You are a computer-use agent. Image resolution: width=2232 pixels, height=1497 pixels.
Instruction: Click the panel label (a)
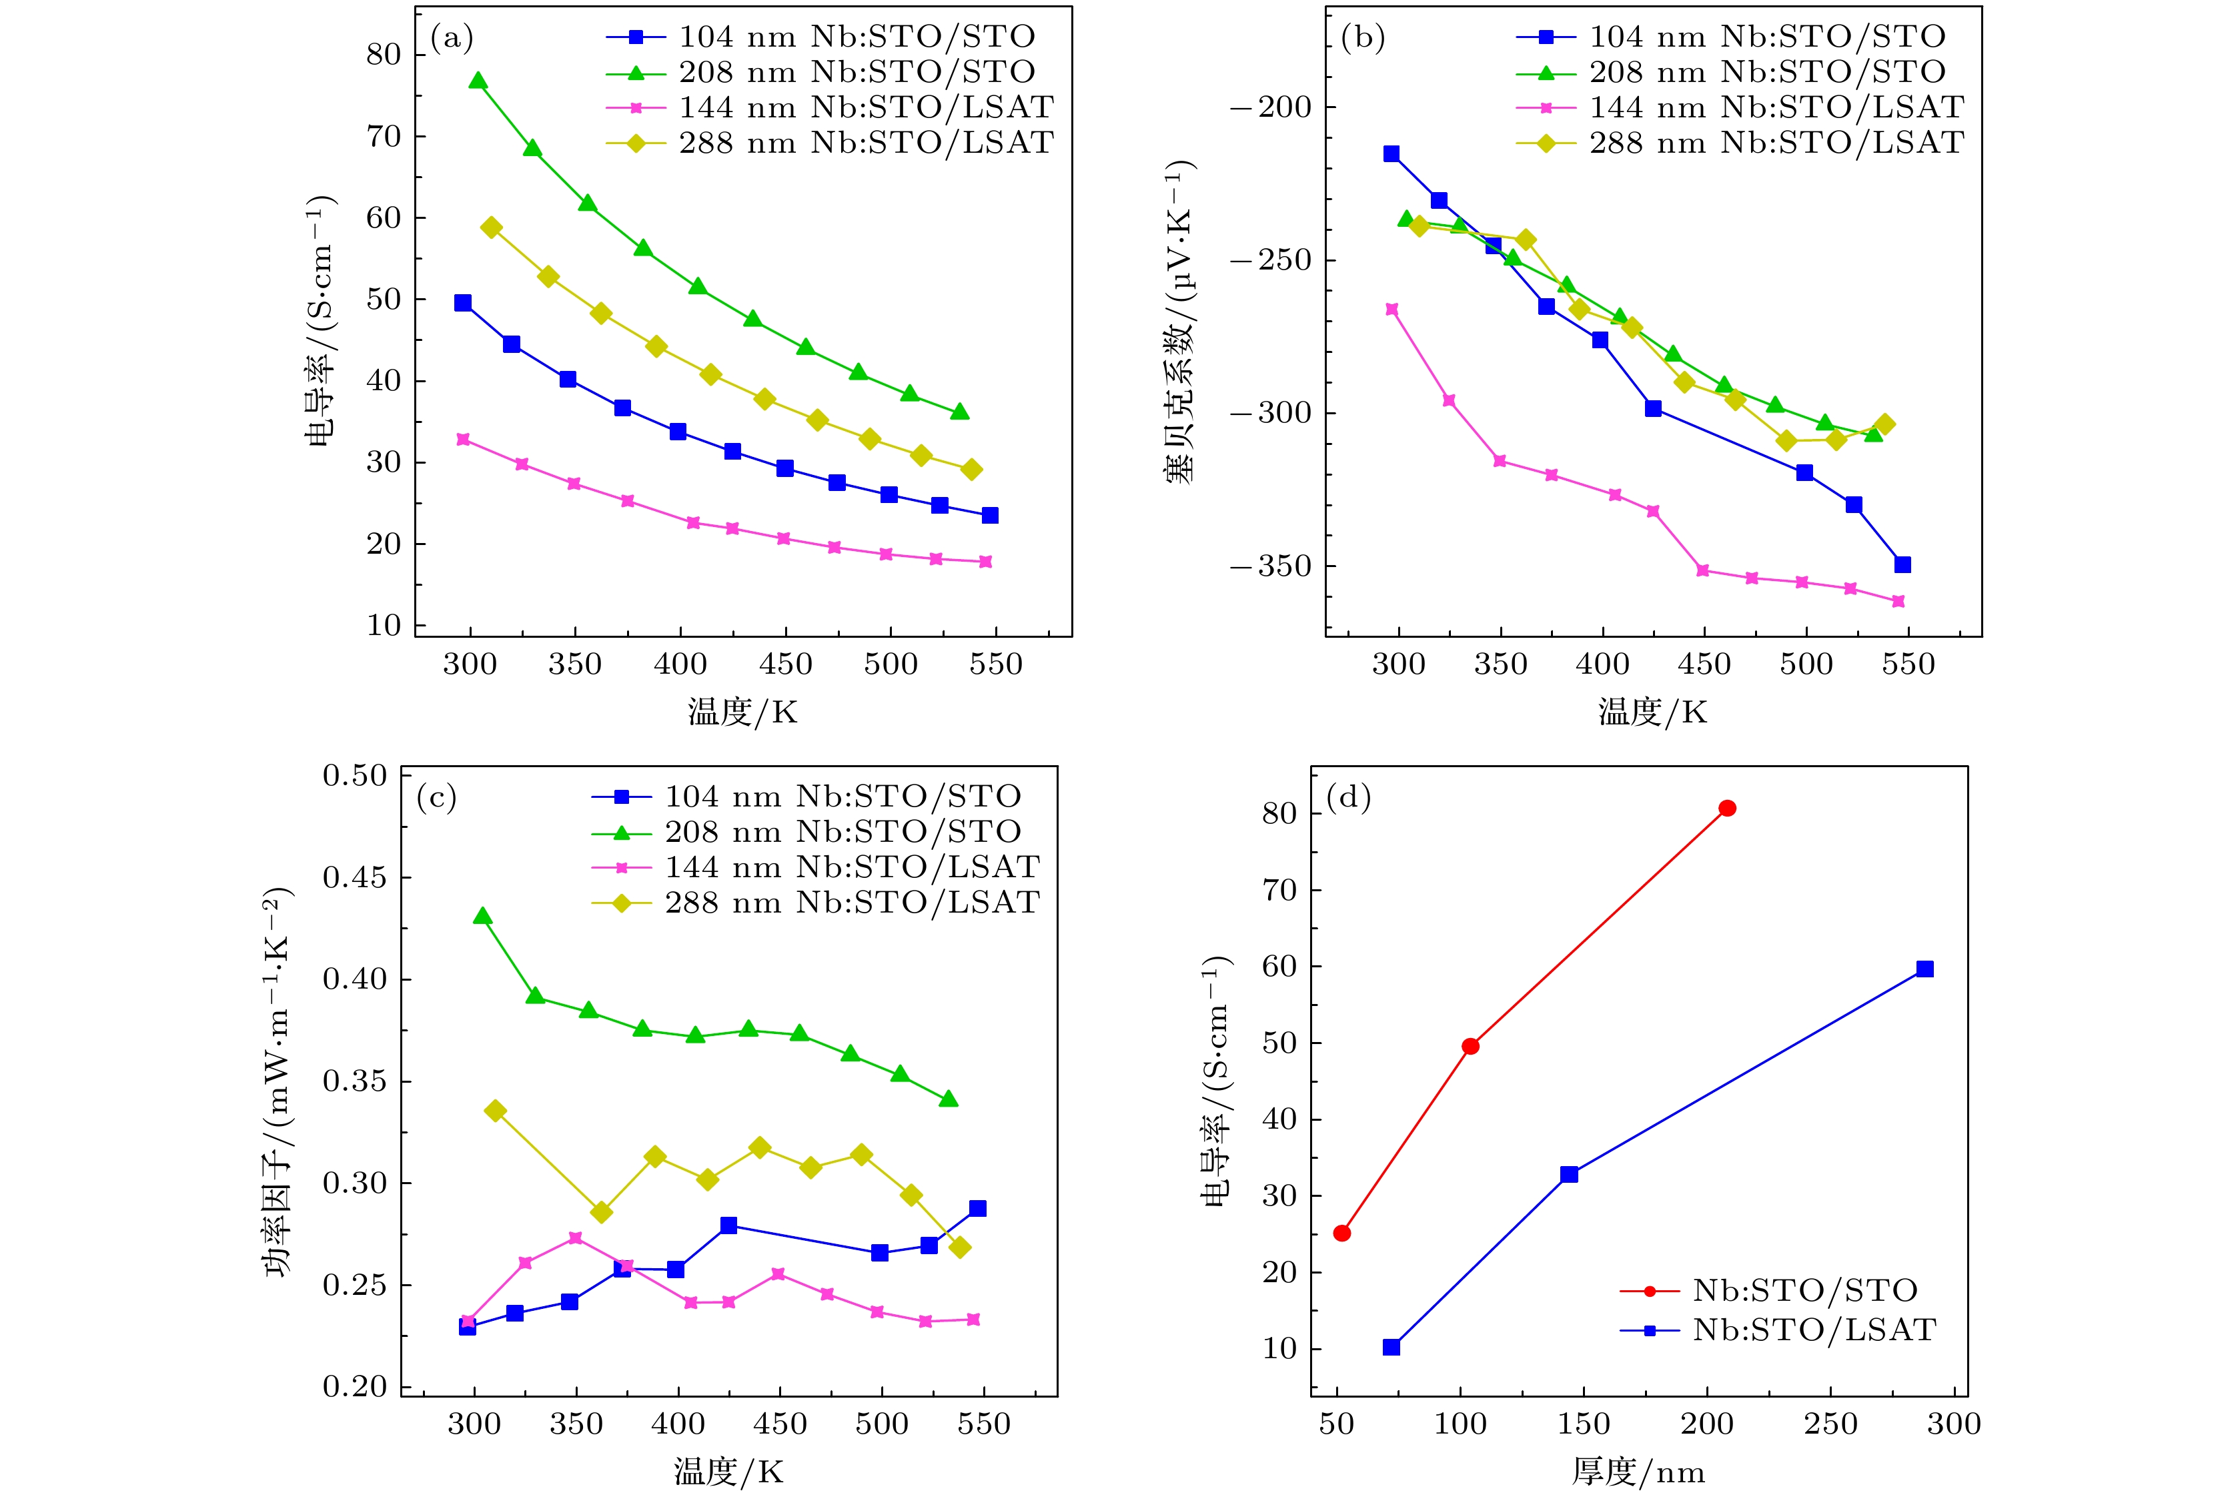point(452,38)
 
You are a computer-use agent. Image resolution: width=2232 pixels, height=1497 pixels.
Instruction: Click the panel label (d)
point(1348,797)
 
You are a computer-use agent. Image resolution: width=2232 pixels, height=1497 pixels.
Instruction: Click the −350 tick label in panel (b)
point(1271,566)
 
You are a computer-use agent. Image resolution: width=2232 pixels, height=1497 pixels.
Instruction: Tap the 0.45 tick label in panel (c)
point(355,877)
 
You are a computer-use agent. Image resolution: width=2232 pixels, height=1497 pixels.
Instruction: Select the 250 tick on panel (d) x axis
point(1830,1424)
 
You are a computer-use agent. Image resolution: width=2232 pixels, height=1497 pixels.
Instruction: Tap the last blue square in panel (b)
point(1902,565)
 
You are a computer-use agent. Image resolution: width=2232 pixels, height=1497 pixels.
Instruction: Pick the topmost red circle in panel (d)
point(1727,809)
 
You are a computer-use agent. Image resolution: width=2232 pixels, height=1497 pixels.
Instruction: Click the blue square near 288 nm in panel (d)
point(1924,969)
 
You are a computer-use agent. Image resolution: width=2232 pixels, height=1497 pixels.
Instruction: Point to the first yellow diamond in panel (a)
point(492,227)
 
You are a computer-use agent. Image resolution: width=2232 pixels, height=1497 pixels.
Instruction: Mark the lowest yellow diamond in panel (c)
point(961,1247)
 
